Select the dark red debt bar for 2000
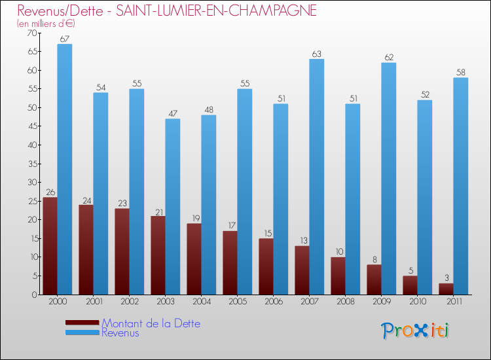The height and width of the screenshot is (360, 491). click(x=50, y=245)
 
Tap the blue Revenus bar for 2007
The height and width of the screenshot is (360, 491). click(x=316, y=177)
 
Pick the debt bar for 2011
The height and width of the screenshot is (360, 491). click(x=446, y=289)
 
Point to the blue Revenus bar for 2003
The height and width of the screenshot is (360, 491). click(x=172, y=206)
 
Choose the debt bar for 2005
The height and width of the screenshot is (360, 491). click(x=230, y=262)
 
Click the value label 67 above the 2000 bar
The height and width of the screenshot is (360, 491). click(x=64, y=39)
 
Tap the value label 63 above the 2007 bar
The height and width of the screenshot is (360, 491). click(x=316, y=54)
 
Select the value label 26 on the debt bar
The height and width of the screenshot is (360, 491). click(x=50, y=192)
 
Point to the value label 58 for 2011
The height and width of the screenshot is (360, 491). click(x=460, y=73)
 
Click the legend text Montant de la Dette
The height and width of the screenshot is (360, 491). click(x=151, y=323)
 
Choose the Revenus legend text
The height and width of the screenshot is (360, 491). click(x=120, y=333)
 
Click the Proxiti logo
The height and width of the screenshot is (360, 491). click(x=415, y=331)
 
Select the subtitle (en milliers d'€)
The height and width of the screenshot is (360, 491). click(x=46, y=24)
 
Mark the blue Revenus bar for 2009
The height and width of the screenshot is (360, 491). click(x=388, y=178)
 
